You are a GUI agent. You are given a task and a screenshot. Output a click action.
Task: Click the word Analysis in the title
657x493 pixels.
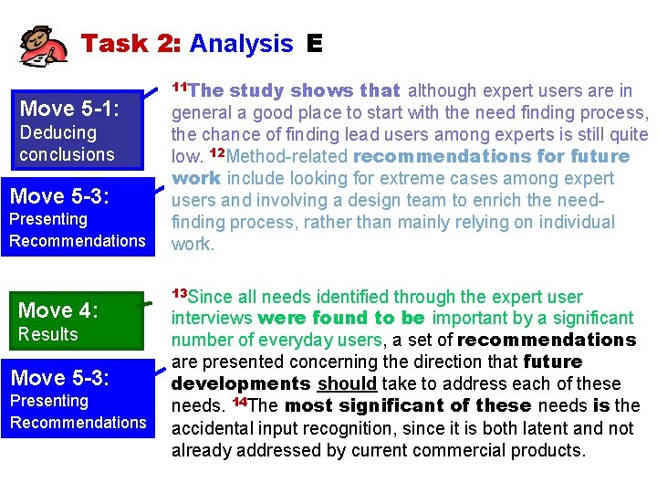coord(242,43)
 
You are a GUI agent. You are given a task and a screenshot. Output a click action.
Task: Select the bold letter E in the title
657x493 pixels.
coord(315,43)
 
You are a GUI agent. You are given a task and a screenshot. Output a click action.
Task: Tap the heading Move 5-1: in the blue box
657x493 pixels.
coord(69,110)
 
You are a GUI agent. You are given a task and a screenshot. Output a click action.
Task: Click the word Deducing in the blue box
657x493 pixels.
coord(57,133)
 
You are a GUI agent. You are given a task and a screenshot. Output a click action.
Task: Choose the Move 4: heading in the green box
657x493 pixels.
coord(57,310)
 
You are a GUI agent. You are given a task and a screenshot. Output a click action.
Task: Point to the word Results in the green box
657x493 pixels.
coord(48,334)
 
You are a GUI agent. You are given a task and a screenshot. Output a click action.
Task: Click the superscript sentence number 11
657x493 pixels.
coord(180,86)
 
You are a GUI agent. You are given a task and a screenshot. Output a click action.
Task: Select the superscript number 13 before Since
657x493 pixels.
coord(180,292)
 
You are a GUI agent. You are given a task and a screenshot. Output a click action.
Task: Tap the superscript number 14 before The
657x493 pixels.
coord(239,402)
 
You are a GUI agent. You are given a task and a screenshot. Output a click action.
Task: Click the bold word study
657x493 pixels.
coord(255,90)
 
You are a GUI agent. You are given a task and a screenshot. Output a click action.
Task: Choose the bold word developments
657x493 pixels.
coord(241,383)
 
